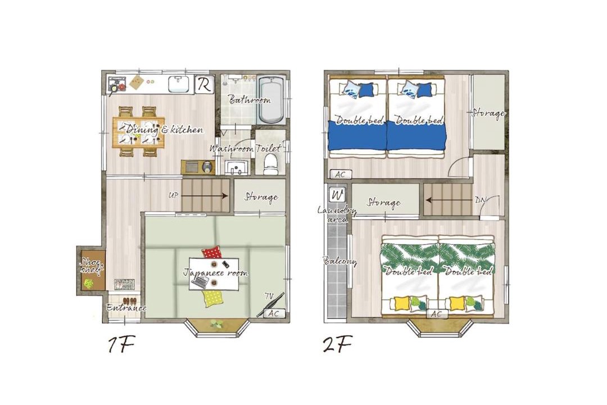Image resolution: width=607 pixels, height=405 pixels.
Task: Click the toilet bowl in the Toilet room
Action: click(x=270, y=164)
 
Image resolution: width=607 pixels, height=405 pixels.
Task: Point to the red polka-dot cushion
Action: click(x=211, y=253)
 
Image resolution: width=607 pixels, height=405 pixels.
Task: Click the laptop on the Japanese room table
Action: click(x=200, y=282)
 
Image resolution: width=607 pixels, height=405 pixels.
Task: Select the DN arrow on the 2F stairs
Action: click(x=450, y=200)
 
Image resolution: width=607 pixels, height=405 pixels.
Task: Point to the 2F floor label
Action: click(x=338, y=345)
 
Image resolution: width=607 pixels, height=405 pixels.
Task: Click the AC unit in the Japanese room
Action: click(x=274, y=313)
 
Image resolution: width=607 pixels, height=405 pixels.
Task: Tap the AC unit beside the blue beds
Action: click(x=340, y=174)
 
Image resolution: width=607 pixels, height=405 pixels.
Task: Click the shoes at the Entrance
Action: click(x=129, y=300)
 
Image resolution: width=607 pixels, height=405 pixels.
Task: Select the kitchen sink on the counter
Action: click(x=179, y=84)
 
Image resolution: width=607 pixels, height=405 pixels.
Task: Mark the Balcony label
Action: click(x=339, y=261)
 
